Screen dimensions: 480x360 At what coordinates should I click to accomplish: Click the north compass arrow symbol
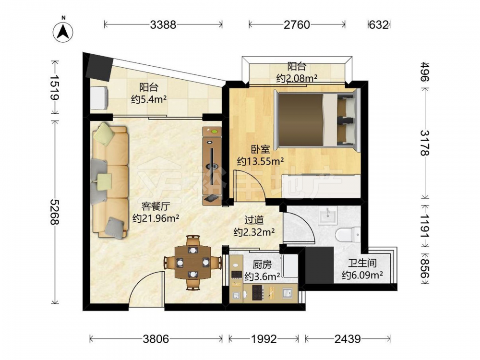pyautogui.click(x=63, y=32)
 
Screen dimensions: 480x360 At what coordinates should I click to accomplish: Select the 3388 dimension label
pyautogui.click(x=163, y=24)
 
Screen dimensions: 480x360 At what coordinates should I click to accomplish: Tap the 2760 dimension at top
pyautogui.click(x=297, y=24)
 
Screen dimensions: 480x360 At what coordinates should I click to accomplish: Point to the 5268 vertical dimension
pyautogui.click(x=55, y=212)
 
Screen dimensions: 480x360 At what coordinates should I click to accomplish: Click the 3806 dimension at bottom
pyautogui.click(x=156, y=339)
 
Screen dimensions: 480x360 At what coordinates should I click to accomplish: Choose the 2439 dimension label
pyautogui.click(x=348, y=339)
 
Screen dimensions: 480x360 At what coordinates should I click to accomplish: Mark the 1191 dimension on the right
pyautogui.click(x=425, y=226)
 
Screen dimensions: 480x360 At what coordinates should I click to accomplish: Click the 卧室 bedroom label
pyautogui.click(x=261, y=149)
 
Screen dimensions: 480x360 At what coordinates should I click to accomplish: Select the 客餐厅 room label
pyautogui.click(x=156, y=206)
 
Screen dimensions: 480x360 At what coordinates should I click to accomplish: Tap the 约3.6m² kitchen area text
pyautogui.click(x=262, y=276)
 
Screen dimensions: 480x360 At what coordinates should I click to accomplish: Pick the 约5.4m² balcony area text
pyautogui.click(x=149, y=99)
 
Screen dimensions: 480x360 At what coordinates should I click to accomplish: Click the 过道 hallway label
pyautogui.click(x=254, y=220)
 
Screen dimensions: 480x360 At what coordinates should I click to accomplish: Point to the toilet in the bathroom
pyautogui.click(x=348, y=235)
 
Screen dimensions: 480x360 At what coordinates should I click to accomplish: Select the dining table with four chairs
pyautogui.click(x=193, y=263)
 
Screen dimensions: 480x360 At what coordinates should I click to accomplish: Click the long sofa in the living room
pyautogui.click(x=110, y=180)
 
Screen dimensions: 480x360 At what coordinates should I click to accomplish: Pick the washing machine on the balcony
pyautogui.click(x=98, y=97)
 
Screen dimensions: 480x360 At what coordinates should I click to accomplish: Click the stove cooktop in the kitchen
pyautogui.click(x=257, y=292)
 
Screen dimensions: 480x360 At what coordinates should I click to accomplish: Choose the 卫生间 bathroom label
pyautogui.click(x=362, y=263)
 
